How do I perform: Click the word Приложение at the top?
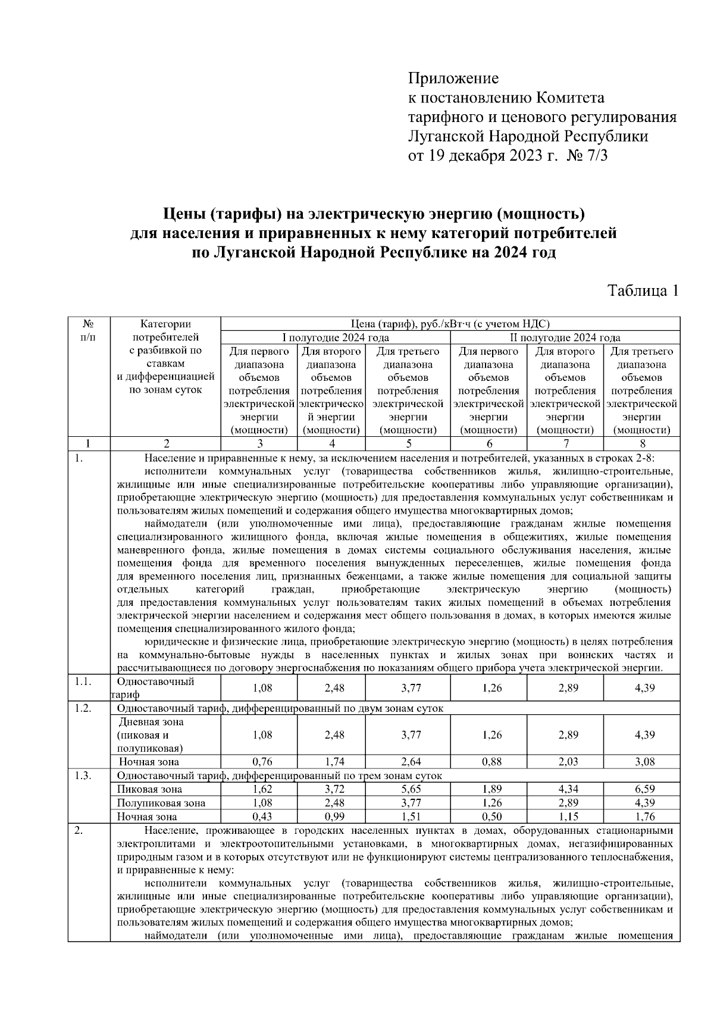click(x=453, y=78)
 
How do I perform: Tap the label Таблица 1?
click(x=642, y=291)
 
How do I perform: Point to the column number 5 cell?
click(x=408, y=443)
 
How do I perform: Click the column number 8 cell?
click(x=641, y=443)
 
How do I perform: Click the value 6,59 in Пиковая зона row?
click(x=644, y=789)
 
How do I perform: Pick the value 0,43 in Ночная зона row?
click(x=262, y=817)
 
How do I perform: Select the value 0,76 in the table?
click(x=262, y=762)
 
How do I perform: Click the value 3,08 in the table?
click(x=644, y=762)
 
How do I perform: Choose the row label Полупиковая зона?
click(x=161, y=803)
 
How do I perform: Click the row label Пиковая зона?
click(x=149, y=789)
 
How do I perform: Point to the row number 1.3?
click(x=83, y=776)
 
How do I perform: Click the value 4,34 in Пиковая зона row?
click(x=568, y=789)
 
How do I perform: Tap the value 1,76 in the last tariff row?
click(x=644, y=817)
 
